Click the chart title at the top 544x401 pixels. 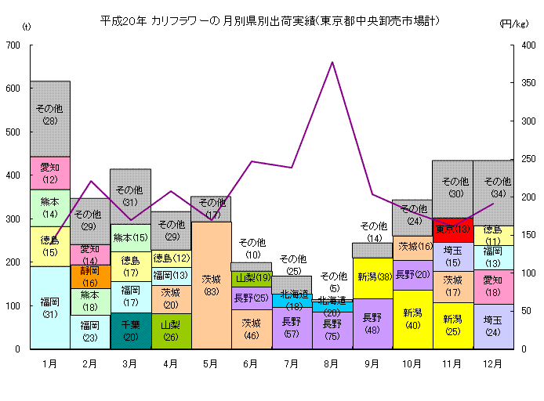coord(269,20)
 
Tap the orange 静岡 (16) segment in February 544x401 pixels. coord(90,276)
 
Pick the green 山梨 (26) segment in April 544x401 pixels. coord(171,331)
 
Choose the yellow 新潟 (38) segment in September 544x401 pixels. coord(372,278)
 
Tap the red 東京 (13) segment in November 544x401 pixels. coord(452,229)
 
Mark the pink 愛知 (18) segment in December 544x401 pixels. coord(493,287)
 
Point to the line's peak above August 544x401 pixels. coord(332,62)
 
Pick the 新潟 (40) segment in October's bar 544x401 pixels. coord(412,319)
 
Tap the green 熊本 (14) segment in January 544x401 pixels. coord(50,208)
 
